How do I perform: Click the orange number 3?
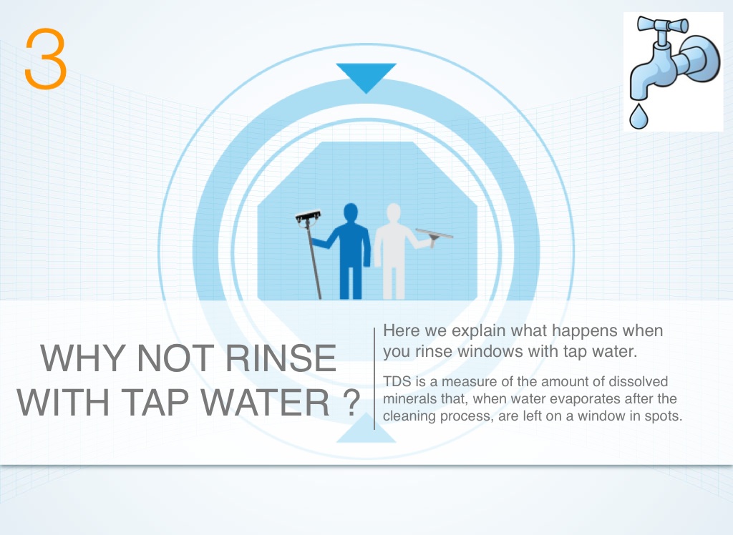point(45,59)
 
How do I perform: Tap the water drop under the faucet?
point(639,117)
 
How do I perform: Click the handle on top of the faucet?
point(662,25)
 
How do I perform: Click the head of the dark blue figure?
point(351,214)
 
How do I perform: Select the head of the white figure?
point(394,214)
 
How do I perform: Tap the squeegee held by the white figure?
point(435,236)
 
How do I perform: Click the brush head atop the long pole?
point(308,217)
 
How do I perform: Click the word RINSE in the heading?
point(281,358)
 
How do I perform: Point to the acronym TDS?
point(397,382)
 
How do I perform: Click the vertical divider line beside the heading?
point(374,378)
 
